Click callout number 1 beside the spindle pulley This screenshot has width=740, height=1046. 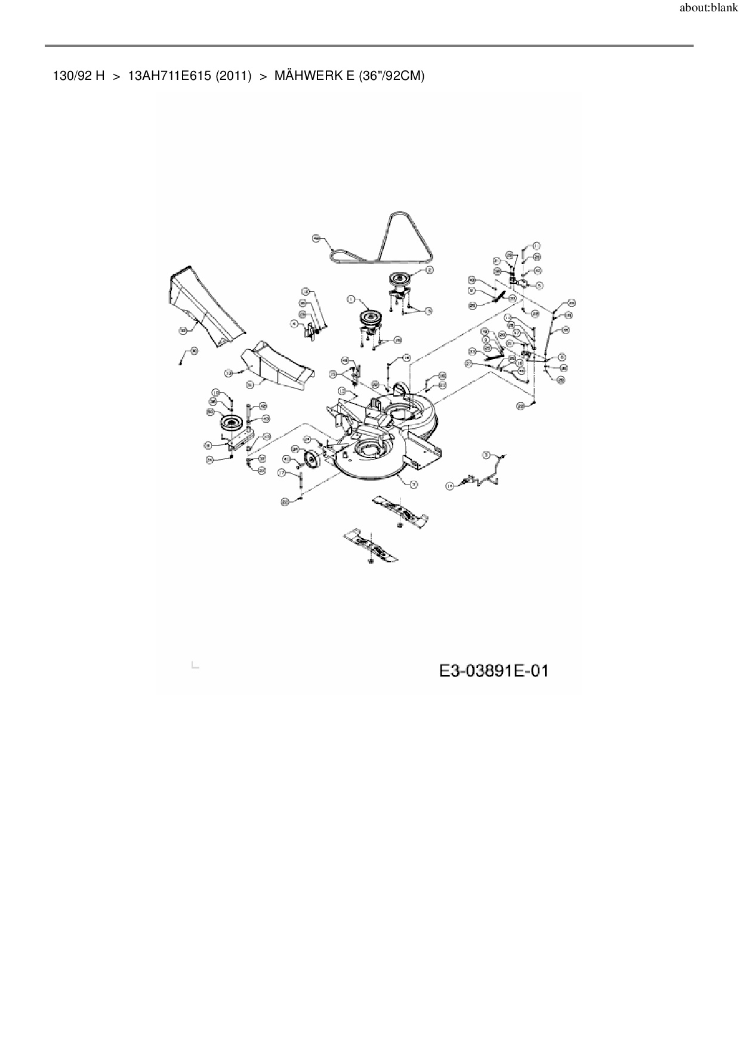(x=351, y=299)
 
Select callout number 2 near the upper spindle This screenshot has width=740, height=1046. (x=429, y=270)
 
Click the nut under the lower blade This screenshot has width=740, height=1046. (x=371, y=561)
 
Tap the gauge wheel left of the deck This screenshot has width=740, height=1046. (x=312, y=462)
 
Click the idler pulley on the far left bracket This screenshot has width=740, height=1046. (x=231, y=423)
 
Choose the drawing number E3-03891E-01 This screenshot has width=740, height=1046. (x=494, y=671)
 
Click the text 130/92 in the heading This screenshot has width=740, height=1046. (x=72, y=76)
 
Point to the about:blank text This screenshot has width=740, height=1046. (x=708, y=9)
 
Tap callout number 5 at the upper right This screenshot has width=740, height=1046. (x=539, y=286)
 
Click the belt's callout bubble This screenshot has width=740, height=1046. (x=316, y=238)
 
